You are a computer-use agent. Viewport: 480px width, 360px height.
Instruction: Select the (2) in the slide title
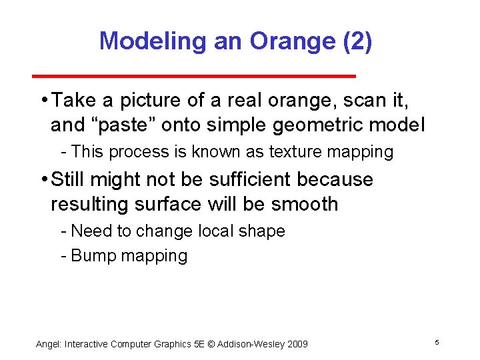[357, 41]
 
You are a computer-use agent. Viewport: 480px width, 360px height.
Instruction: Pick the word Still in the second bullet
[71, 179]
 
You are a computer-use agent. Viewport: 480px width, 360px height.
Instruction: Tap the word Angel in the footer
[47, 344]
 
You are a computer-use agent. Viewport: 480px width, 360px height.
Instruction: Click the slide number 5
[436, 343]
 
